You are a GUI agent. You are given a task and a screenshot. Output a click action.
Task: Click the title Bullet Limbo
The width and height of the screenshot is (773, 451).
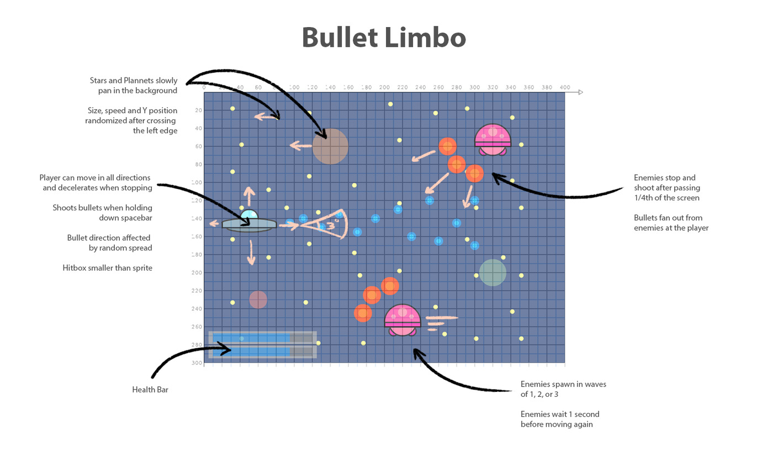coord(384,38)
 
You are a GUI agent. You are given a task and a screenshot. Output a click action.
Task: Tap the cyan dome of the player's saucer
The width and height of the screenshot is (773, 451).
coord(250,214)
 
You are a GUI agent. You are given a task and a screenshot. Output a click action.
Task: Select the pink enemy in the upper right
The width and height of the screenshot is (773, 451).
coord(493,139)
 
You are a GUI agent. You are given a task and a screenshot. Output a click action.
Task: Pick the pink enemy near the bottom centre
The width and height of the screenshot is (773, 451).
coord(403,320)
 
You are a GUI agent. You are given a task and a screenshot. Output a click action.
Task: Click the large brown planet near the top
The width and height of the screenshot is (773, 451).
coord(330,146)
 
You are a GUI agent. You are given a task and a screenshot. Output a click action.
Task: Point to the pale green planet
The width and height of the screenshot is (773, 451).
coord(493,272)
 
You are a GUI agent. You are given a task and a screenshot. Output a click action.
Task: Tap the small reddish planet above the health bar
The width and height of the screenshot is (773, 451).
coord(258,300)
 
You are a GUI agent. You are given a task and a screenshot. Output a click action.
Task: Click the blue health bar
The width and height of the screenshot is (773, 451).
coord(252,344)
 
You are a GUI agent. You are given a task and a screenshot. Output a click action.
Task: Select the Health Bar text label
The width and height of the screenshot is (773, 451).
coord(150,390)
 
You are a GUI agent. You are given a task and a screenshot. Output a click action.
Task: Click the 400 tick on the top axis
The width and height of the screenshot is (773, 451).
coord(564,87)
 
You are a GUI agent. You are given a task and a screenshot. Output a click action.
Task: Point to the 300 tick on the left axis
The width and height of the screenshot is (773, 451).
coord(198,363)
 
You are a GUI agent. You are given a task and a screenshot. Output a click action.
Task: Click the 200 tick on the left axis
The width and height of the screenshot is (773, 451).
coord(198,273)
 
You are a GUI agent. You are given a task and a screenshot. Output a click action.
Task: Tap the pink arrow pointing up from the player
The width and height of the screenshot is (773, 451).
coord(250,195)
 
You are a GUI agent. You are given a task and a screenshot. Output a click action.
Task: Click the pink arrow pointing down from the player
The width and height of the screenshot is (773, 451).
coord(251,252)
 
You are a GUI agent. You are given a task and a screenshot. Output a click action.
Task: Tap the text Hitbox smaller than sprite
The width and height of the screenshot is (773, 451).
coord(107,268)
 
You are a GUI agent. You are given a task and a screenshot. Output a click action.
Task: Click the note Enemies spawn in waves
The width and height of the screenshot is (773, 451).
coord(563,384)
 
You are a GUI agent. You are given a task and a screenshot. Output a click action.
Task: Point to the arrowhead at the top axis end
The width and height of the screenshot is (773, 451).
coord(580,92)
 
